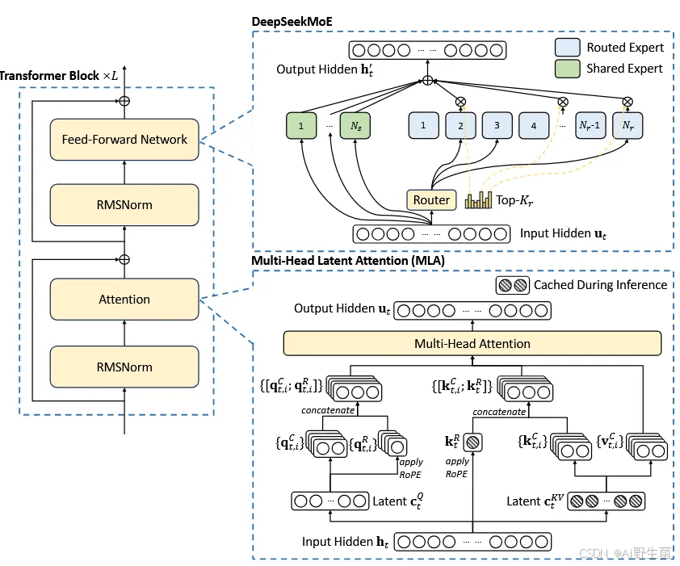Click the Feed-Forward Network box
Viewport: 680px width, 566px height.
point(124,140)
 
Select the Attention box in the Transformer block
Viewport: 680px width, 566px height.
point(124,300)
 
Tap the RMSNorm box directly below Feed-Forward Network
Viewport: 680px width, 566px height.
point(124,205)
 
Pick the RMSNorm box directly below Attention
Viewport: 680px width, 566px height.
point(124,367)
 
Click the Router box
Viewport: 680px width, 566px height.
point(431,200)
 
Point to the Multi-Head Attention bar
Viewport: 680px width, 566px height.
point(472,344)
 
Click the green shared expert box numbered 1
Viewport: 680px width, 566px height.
point(301,126)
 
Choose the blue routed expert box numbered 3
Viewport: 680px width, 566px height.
point(497,126)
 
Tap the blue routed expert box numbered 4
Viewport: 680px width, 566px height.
point(533,126)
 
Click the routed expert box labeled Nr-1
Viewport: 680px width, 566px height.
point(590,126)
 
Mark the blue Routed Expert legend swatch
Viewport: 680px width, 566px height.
point(568,48)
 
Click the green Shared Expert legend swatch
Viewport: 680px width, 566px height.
point(568,69)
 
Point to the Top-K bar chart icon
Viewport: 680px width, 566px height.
point(478,199)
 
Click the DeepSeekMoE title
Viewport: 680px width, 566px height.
point(292,19)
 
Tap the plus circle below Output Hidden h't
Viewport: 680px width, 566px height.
point(427,82)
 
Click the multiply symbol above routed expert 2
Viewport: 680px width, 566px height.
point(461,102)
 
